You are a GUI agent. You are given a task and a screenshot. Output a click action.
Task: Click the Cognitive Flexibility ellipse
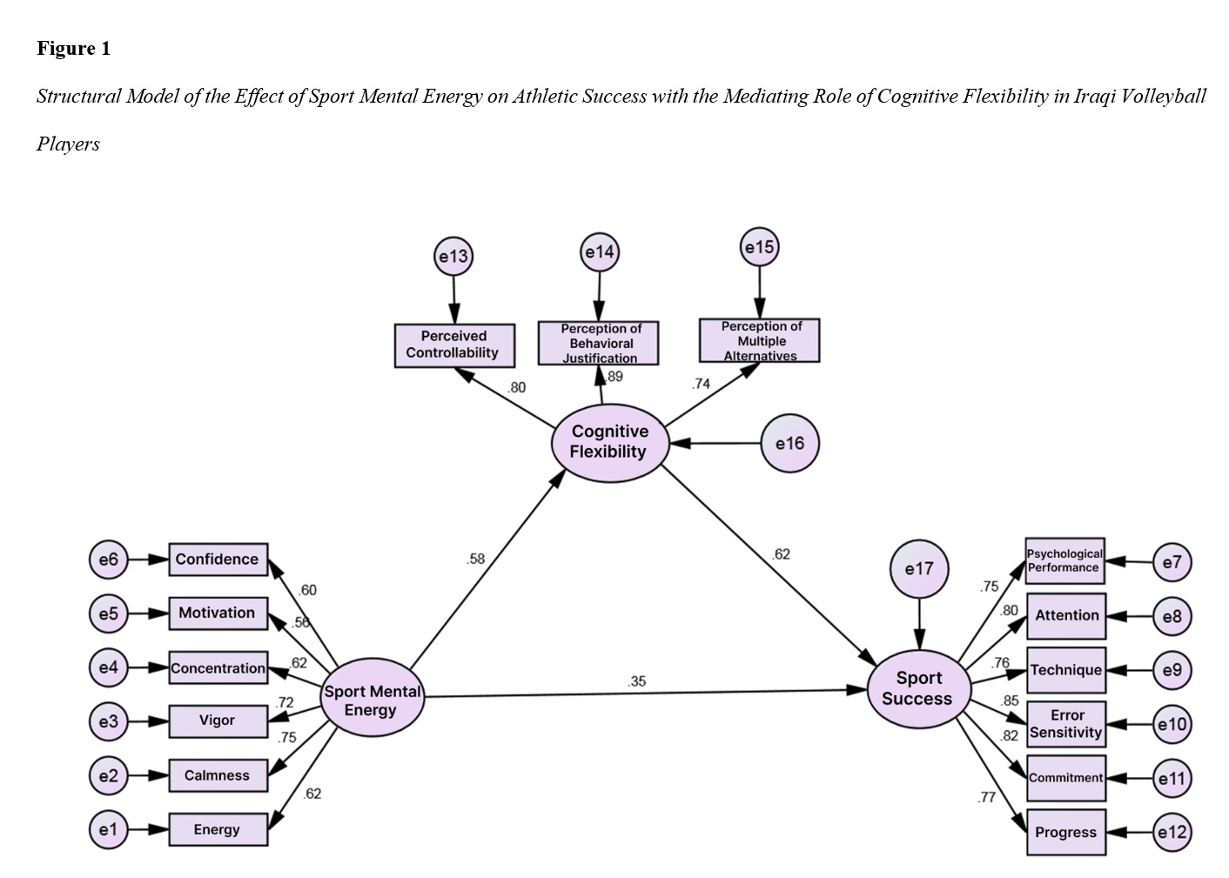610,442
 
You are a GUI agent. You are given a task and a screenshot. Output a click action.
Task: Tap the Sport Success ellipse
918,688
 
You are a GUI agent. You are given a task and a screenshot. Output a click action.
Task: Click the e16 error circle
789,444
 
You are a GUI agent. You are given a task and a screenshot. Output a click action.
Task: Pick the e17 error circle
919,569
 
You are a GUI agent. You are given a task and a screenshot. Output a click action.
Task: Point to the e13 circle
453,257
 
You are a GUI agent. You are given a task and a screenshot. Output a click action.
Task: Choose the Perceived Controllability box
453,345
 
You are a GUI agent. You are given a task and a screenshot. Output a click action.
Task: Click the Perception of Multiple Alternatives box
760,341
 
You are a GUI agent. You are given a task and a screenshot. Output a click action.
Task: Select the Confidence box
218,560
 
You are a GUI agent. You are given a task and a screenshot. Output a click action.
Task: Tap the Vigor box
218,720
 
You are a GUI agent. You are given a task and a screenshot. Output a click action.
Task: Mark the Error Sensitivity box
1066,724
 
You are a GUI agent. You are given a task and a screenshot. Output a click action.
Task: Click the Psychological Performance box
1064,560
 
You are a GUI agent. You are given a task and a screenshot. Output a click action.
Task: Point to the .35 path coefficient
637,681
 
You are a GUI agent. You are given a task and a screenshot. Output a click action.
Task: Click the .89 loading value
614,377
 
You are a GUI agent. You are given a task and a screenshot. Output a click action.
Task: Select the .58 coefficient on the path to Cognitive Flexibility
475,559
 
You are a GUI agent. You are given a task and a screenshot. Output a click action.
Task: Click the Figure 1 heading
74,49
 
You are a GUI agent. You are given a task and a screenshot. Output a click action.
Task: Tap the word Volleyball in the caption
1164,96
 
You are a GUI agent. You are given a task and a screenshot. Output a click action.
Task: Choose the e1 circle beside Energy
108,829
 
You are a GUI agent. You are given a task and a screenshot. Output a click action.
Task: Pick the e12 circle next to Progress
1172,832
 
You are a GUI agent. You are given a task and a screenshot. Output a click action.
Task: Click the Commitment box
1066,778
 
